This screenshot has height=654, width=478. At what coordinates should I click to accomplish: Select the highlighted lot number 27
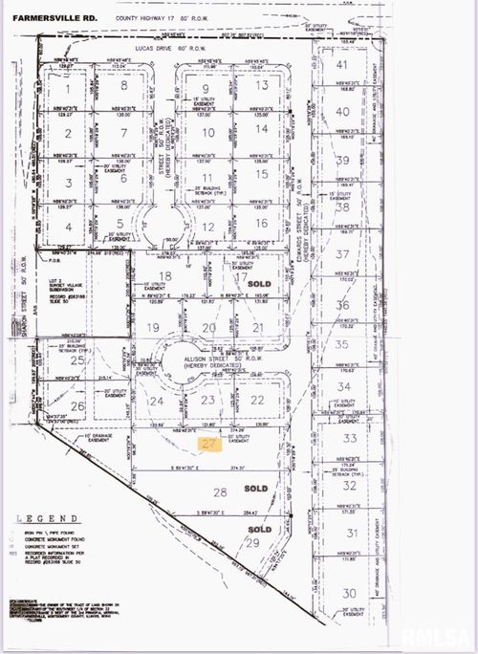click(x=209, y=444)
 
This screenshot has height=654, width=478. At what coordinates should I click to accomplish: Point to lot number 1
click(x=68, y=86)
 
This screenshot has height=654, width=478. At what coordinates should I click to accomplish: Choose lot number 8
click(x=125, y=86)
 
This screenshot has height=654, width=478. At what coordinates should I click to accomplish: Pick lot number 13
click(x=261, y=85)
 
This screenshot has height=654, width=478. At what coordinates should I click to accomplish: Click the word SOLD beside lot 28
click(x=255, y=488)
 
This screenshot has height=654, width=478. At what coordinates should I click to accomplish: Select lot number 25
click(x=78, y=361)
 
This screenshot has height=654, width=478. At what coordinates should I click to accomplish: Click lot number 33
click(x=350, y=438)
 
